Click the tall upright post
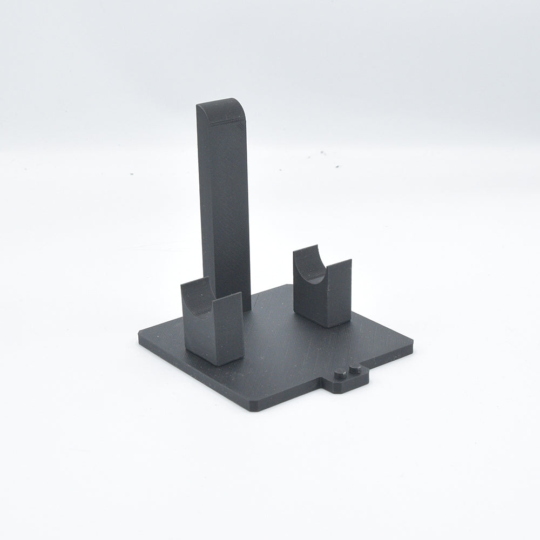pyautogui.click(x=226, y=205)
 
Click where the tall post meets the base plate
pyautogui.click(x=246, y=309)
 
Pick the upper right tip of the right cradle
pyautogui.click(x=350, y=261)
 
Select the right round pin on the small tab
pyautogui.click(x=355, y=369)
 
